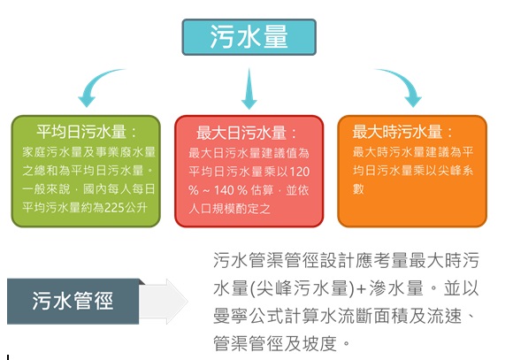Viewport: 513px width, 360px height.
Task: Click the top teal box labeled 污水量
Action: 249,37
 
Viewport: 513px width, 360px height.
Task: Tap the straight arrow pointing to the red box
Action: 249,88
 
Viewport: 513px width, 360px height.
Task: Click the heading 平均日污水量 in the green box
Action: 81,132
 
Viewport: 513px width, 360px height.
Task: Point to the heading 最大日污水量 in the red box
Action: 241,133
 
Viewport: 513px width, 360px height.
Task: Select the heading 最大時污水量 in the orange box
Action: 397,132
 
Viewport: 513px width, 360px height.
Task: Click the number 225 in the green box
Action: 114,208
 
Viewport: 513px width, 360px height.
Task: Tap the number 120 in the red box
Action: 299,172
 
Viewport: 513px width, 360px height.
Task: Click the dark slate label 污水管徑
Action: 73,301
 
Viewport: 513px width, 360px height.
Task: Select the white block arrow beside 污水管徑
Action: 164,302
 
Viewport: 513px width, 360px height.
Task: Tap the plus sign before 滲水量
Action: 361,288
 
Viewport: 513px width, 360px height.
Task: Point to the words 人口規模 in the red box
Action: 212,209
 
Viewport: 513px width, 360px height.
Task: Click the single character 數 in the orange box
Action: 358,188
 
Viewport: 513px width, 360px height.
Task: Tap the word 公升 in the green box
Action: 136,208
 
